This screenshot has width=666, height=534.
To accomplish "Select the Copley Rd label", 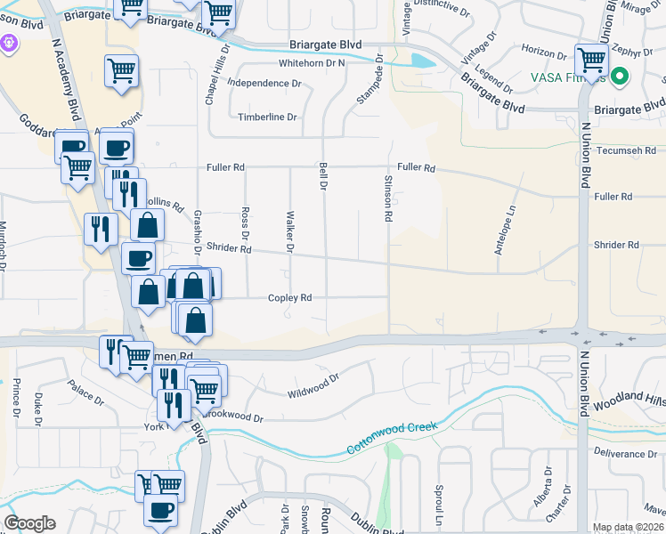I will tap(290, 298).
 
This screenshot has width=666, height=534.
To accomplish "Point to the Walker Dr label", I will tap(289, 232).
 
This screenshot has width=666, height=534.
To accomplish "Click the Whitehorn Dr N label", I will tap(312, 64).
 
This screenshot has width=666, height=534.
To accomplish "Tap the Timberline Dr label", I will tap(267, 117).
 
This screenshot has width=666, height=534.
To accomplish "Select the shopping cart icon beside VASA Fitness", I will tap(590, 61).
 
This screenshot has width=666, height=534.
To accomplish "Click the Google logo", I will tap(29, 523).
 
